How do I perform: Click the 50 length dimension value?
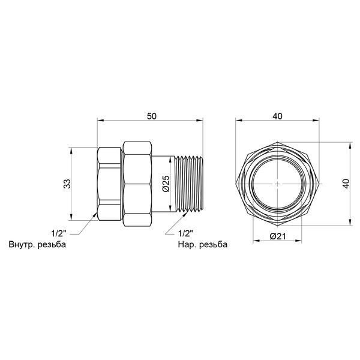(x=152, y=116)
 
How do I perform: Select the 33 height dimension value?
(x=67, y=184)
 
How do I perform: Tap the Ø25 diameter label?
(x=166, y=184)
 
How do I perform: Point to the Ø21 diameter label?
(x=278, y=236)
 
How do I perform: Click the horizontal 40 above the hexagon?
(x=278, y=116)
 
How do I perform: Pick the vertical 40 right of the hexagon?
(x=346, y=184)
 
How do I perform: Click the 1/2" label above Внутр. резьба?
(x=59, y=234)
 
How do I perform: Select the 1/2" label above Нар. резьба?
(x=185, y=234)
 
